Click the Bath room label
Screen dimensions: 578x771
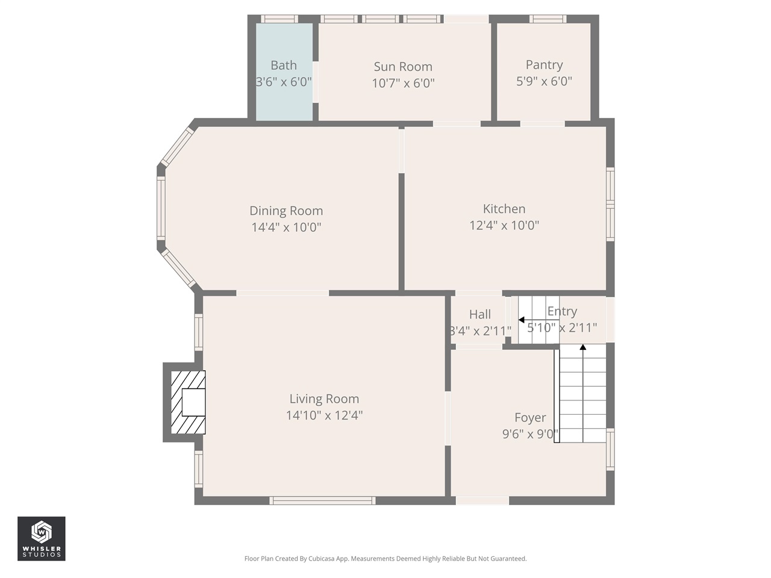(x=284, y=66)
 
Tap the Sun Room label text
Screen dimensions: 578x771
(x=403, y=67)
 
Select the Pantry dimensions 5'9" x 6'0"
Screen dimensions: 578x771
(x=544, y=81)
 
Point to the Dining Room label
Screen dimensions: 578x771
(x=286, y=211)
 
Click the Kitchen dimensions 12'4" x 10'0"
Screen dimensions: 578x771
(x=504, y=225)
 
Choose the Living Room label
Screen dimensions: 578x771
(x=324, y=399)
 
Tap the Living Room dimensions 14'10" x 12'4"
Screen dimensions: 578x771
(x=324, y=415)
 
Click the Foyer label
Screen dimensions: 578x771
(x=530, y=417)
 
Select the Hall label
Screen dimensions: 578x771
(x=480, y=314)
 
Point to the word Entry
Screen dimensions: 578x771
(x=562, y=311)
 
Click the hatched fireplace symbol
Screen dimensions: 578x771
(x=188, y=402)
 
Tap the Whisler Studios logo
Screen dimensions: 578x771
(x=42, y=538)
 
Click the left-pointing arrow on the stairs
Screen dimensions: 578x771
(x=522, y=320)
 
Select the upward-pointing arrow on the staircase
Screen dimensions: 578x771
(x=582, y=347)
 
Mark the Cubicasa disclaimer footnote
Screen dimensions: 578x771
(x=385, y=559)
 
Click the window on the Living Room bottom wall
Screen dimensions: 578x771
(x=323, y=500)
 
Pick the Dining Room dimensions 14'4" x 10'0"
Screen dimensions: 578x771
(x=286, y=228)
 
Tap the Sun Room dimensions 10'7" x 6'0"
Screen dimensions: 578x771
(x=403, y=83)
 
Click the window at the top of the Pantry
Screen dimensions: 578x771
(x=548, y=19)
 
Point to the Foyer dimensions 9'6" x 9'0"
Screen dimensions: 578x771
(x=530, y=434)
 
